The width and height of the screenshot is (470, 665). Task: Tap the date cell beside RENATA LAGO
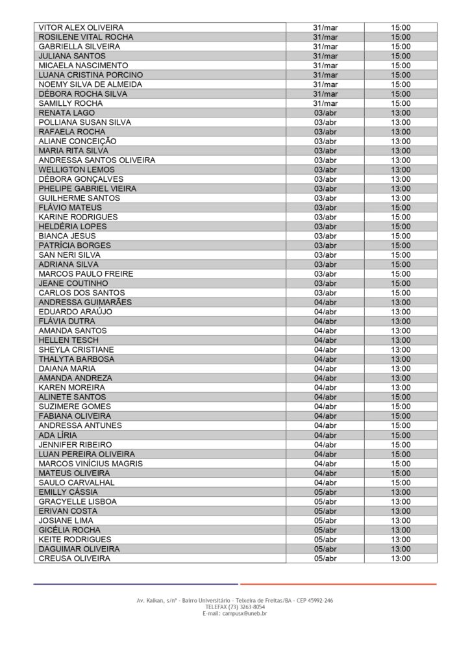point(325,113)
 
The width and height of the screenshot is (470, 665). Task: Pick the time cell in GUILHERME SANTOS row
point(401,198)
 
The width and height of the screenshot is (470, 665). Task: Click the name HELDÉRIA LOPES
point(73,227)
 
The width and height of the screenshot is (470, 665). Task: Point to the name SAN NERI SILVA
point(69,255)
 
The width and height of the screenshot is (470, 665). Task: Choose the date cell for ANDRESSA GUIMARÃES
point(325,303)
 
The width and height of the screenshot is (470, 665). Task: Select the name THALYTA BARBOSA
point(77,359)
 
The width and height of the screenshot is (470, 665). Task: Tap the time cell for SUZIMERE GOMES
point(401,407)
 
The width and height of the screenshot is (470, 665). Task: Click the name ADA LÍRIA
point(58,435)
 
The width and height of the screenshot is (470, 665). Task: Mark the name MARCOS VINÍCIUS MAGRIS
point(90,464)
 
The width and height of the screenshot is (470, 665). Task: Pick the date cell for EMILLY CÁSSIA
point(325,492)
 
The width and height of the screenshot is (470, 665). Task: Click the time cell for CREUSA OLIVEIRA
point(401,558)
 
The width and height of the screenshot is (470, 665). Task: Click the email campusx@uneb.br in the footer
point(234,614)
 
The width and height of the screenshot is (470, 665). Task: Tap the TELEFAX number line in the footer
point(234,607)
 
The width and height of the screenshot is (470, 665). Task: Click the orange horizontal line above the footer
point(338,584)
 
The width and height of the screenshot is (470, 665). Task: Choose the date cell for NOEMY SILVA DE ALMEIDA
point(325,84)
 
